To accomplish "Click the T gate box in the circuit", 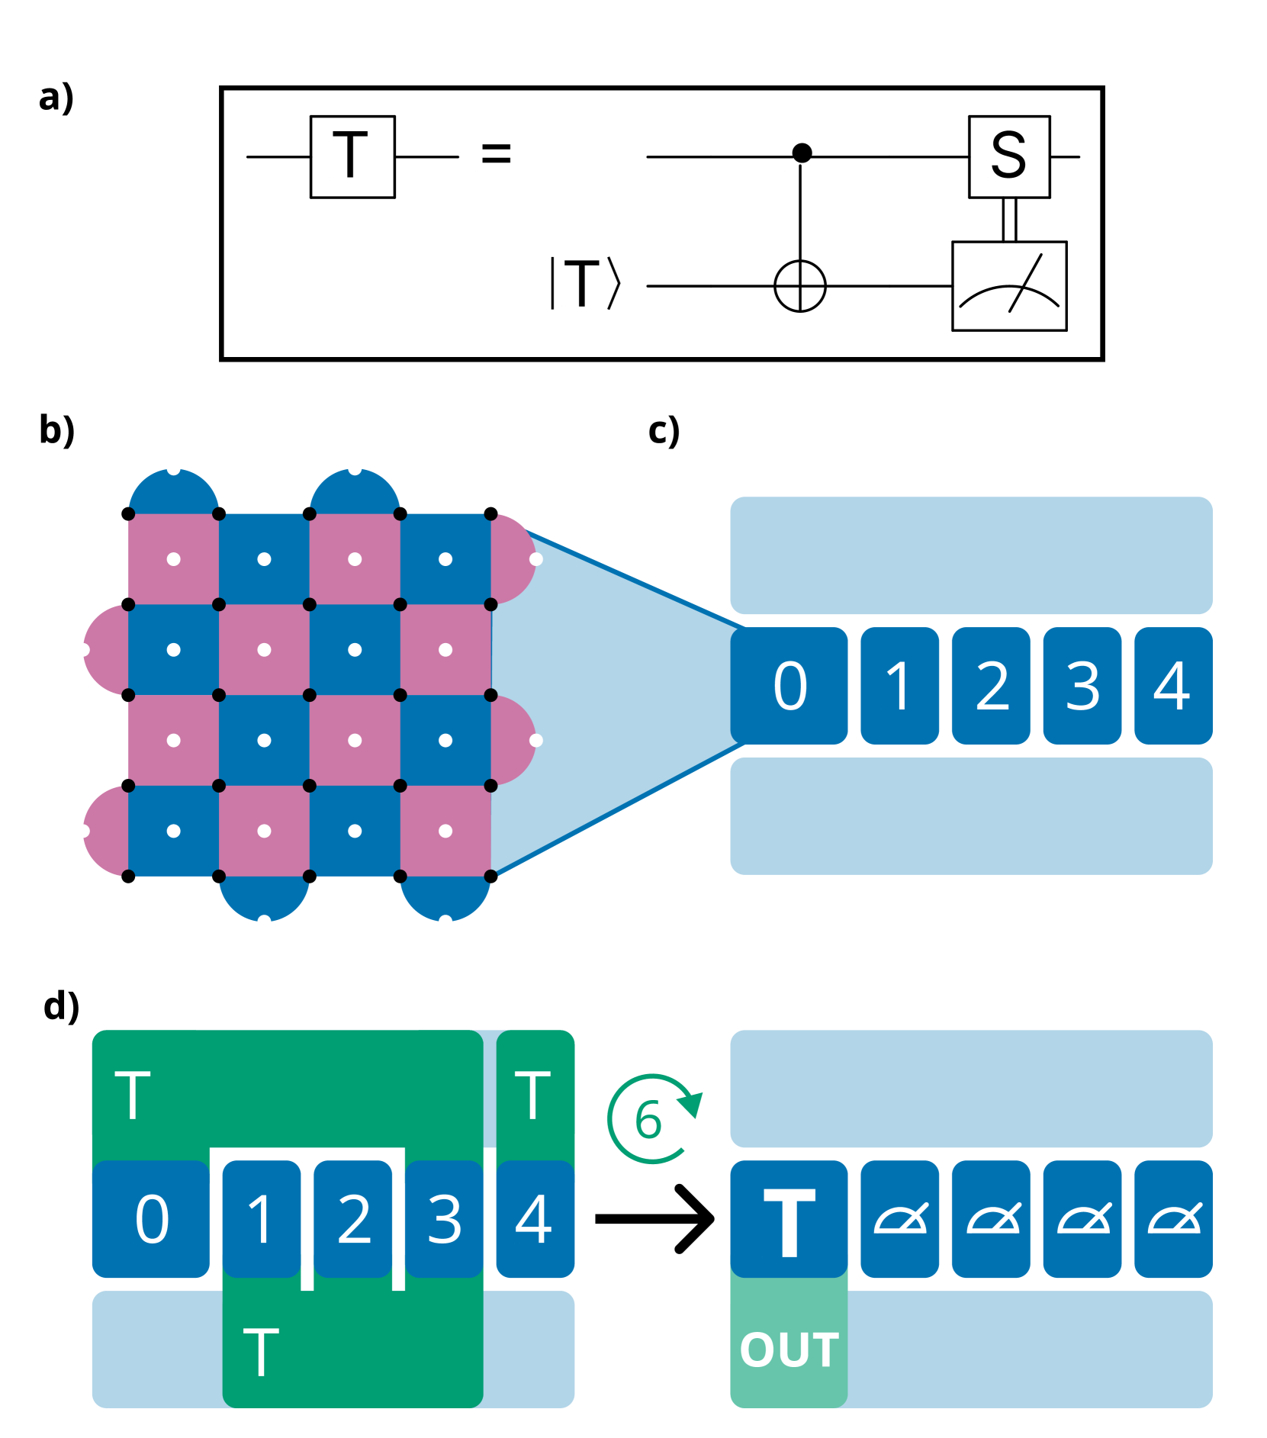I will pyautogui.click(x=352, y=156).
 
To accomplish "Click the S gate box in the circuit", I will pyautogui.click(x=1008, y=156).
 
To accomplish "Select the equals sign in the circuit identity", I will pyautogui.click(x=496, y=153).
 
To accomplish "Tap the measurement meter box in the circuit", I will pyautogui.click(x=1008, y=286).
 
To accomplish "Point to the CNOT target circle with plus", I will pyautogui.click(x=799, y=286).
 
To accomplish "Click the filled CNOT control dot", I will pyautogui.click(x=802, y=153).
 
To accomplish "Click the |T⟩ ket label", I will pyautogui.click(x=586, y=284).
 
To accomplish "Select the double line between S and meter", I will pyautogui.click(x=1008, y=220).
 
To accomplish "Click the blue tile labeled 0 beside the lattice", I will pyautogui.click(x=789, y=685).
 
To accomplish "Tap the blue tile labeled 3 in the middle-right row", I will pyautogui.click(x=1082, y=685).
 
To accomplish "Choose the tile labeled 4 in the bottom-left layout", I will pyautogui.click(x=535, y=1218).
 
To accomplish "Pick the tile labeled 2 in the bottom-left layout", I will pyautogui.click(x=353, y=1218).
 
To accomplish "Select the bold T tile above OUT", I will pyautogui.click(x=789, y=1218).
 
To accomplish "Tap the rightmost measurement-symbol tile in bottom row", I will pyautogui.click(x=1173, y=1218).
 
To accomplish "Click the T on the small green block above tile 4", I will pyautogui.click(x=533, y=1095).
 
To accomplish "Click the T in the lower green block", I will pyautogui.click(x=261, y=1352).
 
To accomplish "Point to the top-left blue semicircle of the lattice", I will pyautogui.click(x=174, y=492).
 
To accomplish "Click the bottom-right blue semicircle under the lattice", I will pyautogui.click(x=445, y=898).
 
